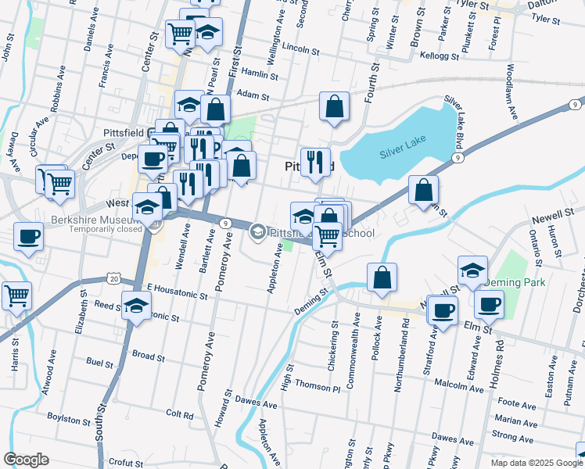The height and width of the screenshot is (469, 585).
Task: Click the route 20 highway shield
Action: (x=114, y=279)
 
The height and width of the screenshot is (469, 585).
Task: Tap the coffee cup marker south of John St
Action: (x=29, y=237)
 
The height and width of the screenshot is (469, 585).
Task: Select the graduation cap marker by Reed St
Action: (x=137, y=306)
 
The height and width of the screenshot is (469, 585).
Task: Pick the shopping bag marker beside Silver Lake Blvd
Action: (x=423, y=190)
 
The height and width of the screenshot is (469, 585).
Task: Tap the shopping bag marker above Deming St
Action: (x=382, y=278)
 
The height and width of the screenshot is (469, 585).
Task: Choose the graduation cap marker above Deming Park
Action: (x=472, y=270)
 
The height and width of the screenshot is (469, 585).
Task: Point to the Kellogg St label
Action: (x=439, y=55)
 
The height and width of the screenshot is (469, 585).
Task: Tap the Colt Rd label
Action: (x=179, y=414)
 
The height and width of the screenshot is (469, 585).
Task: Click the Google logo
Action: (x=27, y=459)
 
